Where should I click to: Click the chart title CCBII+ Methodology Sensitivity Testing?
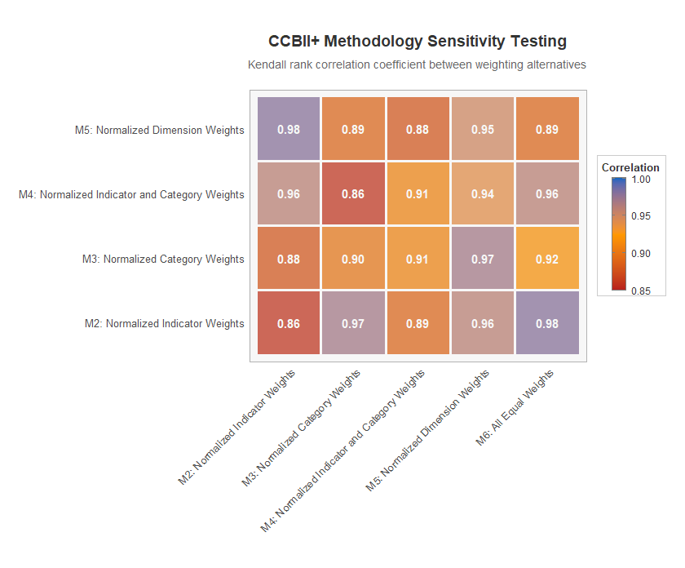[x=418, y=42]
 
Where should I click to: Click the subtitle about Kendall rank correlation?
[x=418, y=64]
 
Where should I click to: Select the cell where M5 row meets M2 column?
[x=289, y=130]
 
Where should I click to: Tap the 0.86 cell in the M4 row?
[x=353, y=194]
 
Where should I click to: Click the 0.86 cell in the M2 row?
[x=289, y=323]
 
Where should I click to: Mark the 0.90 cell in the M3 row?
[x=353, y=259]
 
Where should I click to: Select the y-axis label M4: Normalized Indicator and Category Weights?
[x=131, y=194]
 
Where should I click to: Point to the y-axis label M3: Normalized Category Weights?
[x=163, y=259]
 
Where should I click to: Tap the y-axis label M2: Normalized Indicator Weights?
[x=165, y=323]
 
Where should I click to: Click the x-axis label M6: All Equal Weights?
[x=515, y=407]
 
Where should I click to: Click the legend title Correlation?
[x=630, y=167]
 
